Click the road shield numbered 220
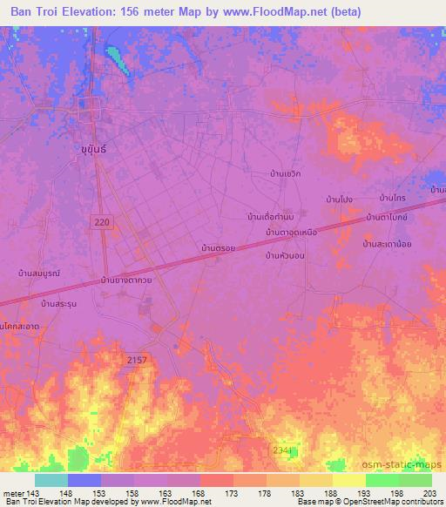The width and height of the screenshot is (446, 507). [102, 223]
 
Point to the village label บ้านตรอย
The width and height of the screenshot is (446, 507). [219, 249]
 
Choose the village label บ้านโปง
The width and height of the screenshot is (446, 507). [339, 200]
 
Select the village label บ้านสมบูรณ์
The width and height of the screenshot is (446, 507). [38, 274]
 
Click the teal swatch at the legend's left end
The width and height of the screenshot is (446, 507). [51, 480]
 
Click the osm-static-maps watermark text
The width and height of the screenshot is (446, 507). [400, 462]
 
